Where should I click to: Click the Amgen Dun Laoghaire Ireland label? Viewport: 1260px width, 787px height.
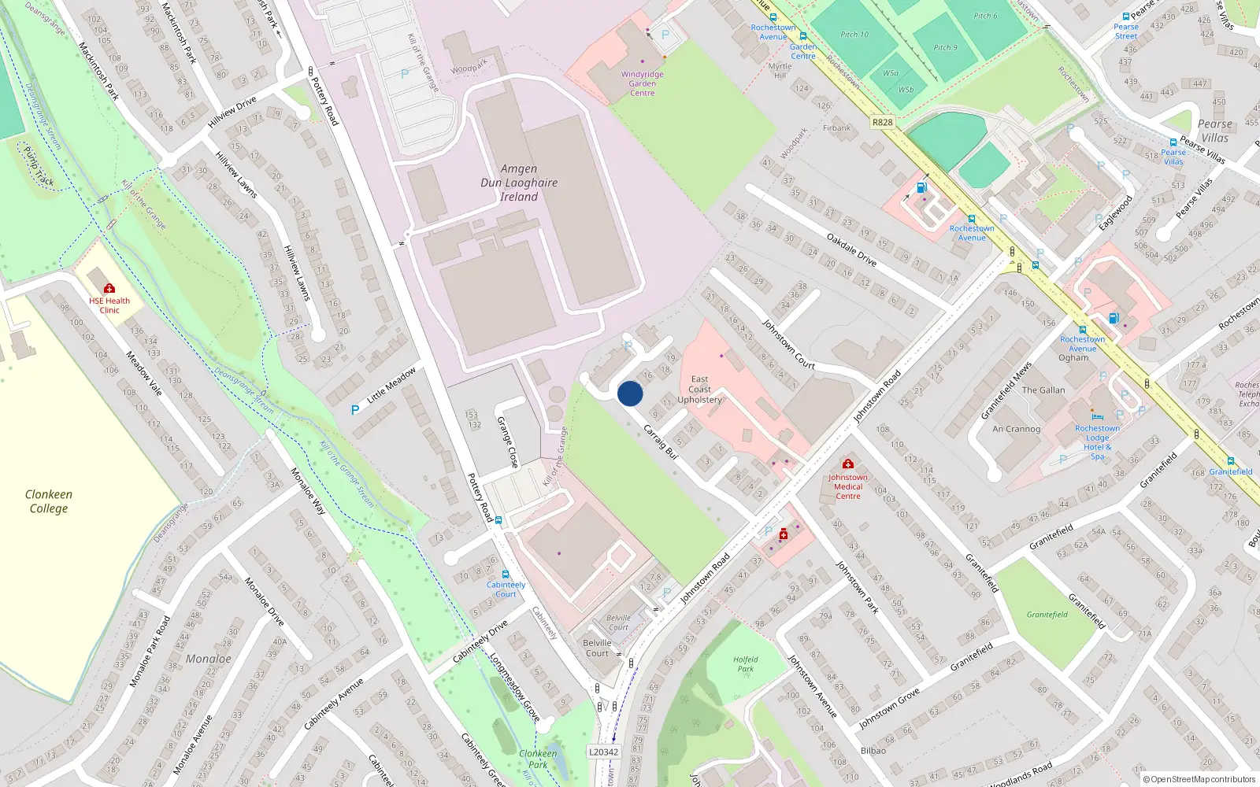tap(519, 183)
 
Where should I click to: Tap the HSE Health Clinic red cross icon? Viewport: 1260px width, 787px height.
tap(109, 289)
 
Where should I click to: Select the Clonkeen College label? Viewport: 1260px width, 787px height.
tap(49, 501)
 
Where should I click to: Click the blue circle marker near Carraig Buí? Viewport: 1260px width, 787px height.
tap(630, 393)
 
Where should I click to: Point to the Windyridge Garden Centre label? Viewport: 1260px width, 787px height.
tap(642, 83)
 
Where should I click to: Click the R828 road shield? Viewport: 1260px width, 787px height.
tap(883, 122)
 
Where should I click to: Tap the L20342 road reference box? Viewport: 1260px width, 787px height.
tap(604, 752)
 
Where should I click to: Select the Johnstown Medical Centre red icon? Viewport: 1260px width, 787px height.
tap(847, 464)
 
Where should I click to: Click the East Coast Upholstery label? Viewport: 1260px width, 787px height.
tap(699, 390)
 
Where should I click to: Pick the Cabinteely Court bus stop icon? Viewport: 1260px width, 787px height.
tap(506, 575)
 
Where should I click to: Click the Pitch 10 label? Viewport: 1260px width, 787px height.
tap(854, 35)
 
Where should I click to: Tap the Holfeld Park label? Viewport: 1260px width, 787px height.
tap(745, 664)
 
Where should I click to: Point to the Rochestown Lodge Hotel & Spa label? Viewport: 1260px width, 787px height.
tap(1097, 442)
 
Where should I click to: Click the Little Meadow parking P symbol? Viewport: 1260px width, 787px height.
tap(355, 410)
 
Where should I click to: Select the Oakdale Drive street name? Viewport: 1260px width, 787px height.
tap(851, 249)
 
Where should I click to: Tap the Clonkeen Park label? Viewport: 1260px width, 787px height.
tap(538, 759)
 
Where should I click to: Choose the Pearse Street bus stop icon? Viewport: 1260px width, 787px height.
tap(1126, 17)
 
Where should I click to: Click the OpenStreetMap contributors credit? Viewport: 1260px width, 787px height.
tap(1199, 779)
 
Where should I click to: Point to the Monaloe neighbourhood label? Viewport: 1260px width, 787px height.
tap(209, 659)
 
